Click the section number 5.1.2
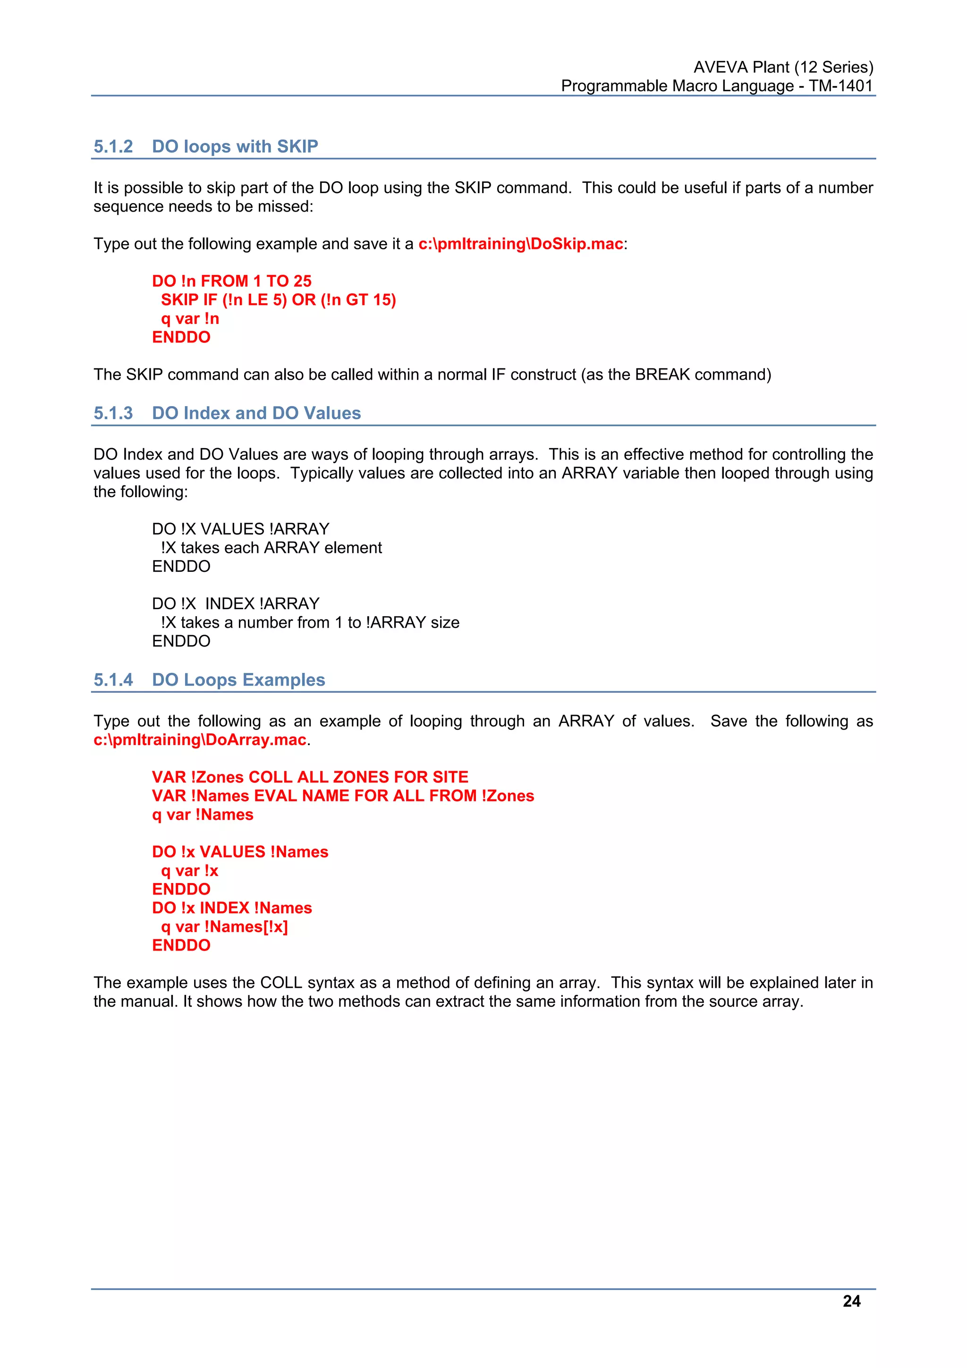coord(113,146)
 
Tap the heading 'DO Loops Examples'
coord(238,680)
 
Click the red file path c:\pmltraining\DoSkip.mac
coord(521,244)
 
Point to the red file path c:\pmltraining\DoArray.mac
coord(200,740)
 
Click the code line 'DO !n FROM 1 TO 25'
coord(232,281)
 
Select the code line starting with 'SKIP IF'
coord(278,300)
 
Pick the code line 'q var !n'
coord(190,319)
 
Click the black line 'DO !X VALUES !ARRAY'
coord(241,529)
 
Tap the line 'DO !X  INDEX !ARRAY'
coord(236,603)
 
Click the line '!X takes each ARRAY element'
coord(271,548)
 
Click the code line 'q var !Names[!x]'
coord(225,926)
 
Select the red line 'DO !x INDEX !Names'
coord(232,908)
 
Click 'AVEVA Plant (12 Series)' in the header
coord(783,67)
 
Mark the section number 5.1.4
coord(113,680)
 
